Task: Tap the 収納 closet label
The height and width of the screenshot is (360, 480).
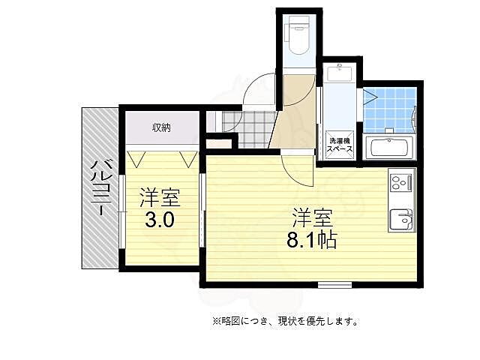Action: pyautogui.click(x=161, y=127)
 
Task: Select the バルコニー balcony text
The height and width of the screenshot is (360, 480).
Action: pyautogui.click(x=99, y=188)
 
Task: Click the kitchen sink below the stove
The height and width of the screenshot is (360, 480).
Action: pyautogui.click(x=400, y=218)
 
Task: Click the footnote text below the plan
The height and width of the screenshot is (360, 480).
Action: pyautogui.click(x=285, y=321)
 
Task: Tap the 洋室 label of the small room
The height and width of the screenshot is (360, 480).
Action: pyautogui.click(x=160, y=199)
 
